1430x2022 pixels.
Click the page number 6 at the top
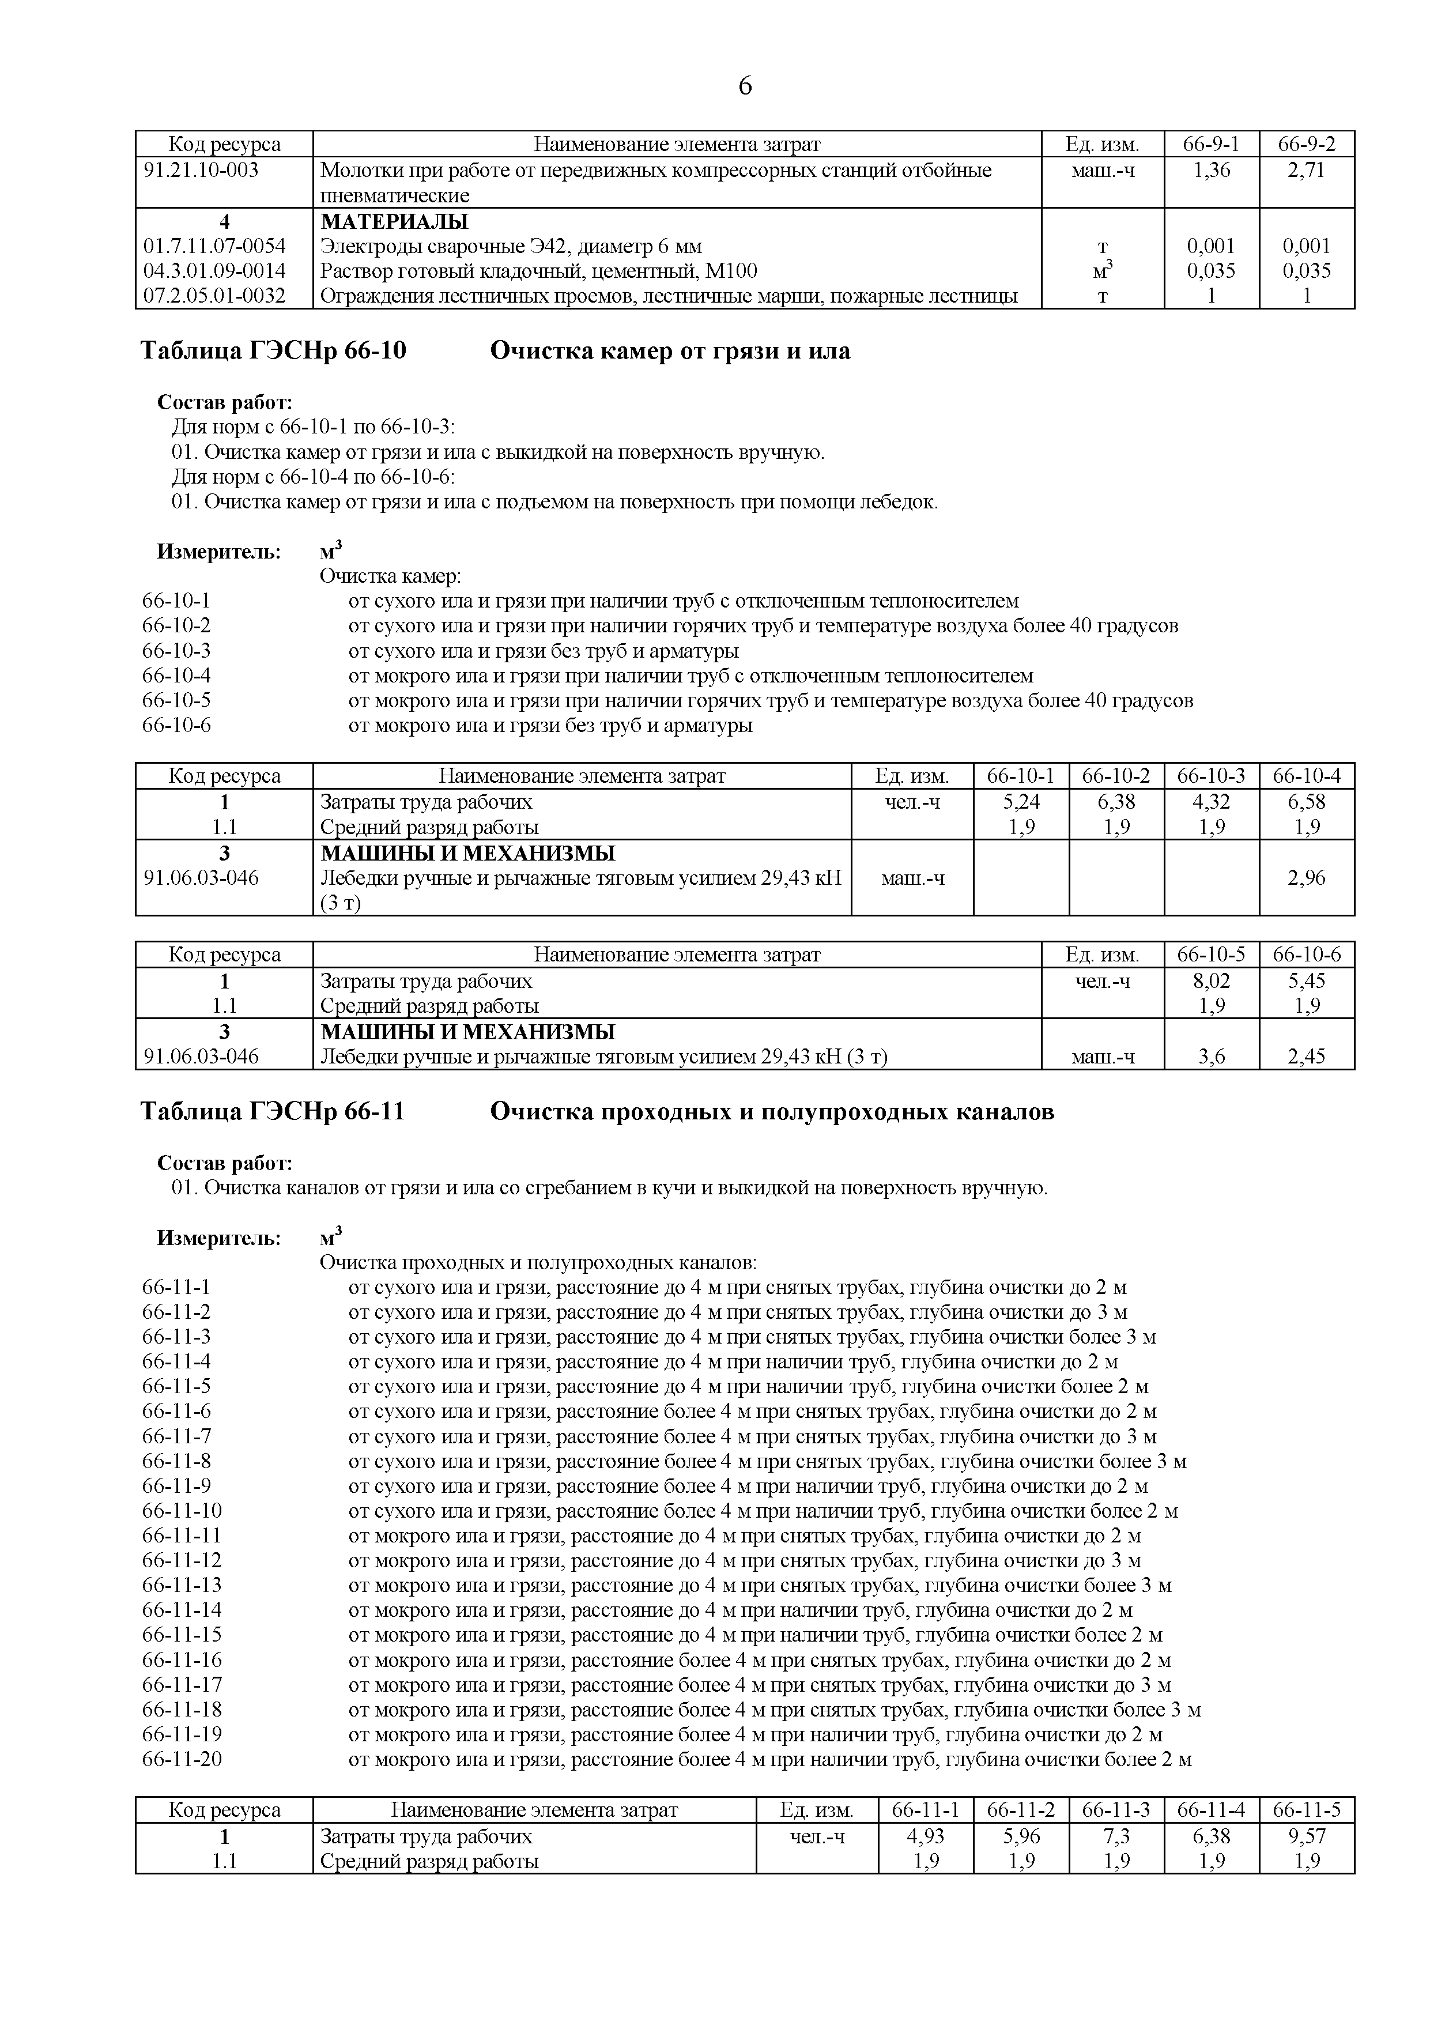click(x=744, y=86)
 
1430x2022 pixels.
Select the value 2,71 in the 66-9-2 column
click(x=1306, y=170)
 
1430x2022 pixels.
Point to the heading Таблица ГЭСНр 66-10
click(x=274, y=352)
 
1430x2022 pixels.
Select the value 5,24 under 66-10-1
click(x=1021, y=801)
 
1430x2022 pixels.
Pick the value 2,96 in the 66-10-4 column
click(x=1306, y=877)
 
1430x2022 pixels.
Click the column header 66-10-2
click(x=1116, y=776)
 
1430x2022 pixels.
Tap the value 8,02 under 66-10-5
click(x=1211, y=980)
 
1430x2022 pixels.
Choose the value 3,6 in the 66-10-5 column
click(x=1211, y=1056)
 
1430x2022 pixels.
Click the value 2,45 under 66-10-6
click(x=1306, y=1056)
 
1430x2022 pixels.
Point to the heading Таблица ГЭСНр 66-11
click(x=273, y=1112)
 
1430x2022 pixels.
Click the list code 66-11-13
click(x=182, y=1585)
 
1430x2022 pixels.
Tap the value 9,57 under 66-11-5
click(x=1306, y=1836)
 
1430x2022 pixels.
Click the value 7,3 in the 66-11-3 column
click(x=1116, y=1836)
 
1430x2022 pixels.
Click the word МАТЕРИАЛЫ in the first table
click(x=394, y=221)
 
